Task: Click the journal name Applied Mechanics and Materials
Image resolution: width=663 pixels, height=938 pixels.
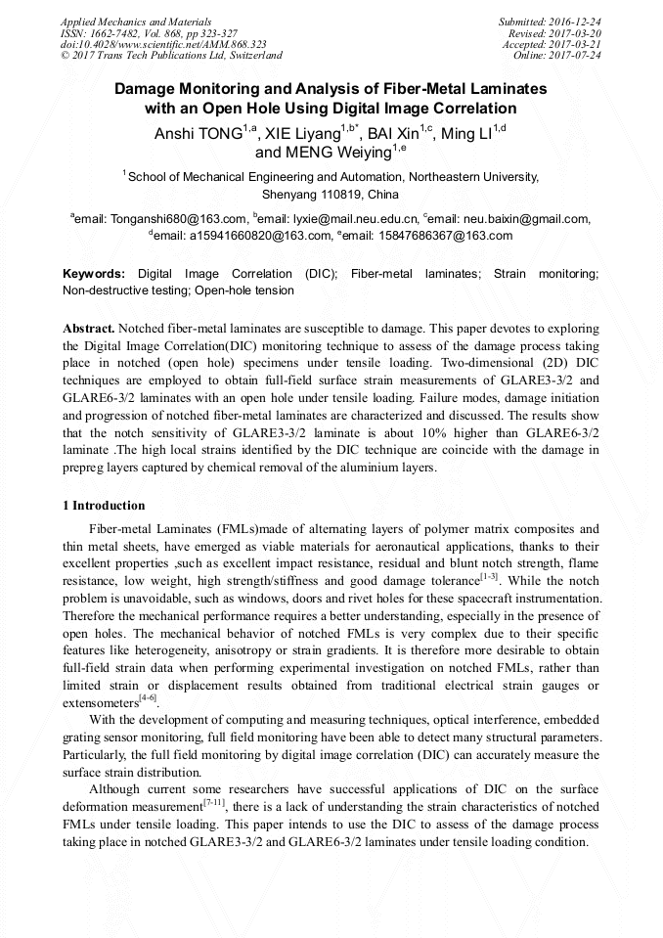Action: pyautogui.click(x=136, y=21)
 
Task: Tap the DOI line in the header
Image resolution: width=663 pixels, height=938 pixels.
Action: pyautogui.click(x=163, y=44)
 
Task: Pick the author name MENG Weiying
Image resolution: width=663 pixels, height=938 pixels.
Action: pyautogui.click(x=322, y=153)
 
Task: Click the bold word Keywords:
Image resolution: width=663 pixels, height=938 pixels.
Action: pyautogui.click(x=94, y=274)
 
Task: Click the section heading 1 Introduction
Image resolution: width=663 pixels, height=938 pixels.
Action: pyautogui.click(x=104, y=506)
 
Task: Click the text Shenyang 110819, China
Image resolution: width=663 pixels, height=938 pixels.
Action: pyautogui.click(x=331, y=195)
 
